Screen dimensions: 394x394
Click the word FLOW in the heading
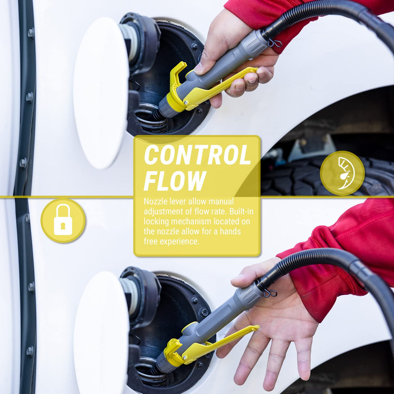tap(175, 181)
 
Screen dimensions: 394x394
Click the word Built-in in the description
tap(241, 211)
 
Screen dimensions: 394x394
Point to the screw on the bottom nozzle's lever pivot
tap(185, 357)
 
